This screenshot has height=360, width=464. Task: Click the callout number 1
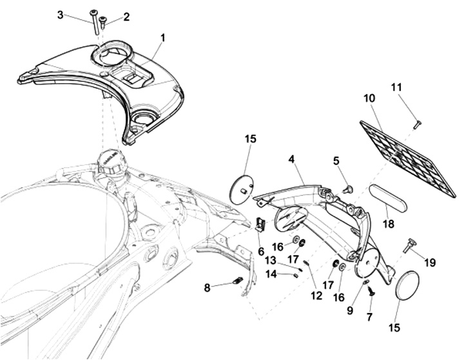coord(162,38)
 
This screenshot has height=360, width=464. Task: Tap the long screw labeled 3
coord(94,21)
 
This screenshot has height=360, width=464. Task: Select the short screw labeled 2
coord(103,22)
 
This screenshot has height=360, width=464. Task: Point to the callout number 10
coord(370,98)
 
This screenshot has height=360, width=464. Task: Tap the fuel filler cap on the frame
coord(110,166)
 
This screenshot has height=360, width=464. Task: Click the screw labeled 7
coord(370,291)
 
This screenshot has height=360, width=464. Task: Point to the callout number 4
coord(292,160)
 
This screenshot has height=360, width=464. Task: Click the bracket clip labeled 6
coord(260,224)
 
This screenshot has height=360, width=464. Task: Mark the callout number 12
coord(316,295)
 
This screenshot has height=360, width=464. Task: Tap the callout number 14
coord(271,274)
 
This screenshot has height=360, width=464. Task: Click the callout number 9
coord(350,310)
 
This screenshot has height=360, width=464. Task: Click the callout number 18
coord(389,223)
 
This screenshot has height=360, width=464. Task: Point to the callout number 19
coord(430,262)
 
